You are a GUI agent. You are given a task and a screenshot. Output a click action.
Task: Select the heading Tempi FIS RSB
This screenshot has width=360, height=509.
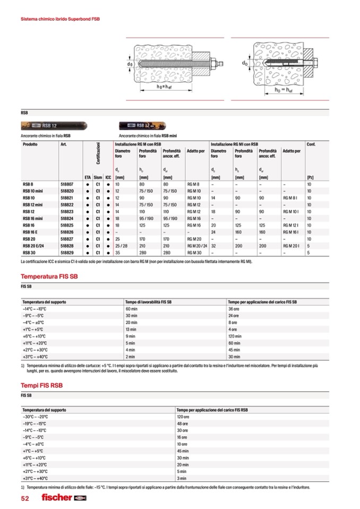(41, 385)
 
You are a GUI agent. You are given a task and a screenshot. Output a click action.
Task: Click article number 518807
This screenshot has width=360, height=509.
(67, 184)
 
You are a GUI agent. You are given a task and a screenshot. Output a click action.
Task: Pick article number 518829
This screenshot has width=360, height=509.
(67, 253)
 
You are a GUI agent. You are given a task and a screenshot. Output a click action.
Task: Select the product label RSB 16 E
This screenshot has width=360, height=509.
(30, 232)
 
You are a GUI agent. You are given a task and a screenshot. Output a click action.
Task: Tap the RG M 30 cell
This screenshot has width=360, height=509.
(194, 253)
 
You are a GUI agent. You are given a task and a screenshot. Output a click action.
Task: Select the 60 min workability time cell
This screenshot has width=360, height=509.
(132, 308)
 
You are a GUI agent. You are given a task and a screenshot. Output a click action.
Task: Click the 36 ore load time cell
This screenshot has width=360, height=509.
(234, 308)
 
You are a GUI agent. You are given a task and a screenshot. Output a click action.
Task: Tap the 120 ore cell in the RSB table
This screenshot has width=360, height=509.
(183, 417)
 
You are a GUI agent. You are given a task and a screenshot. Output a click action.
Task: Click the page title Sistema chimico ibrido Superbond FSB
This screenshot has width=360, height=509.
(60, 19)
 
